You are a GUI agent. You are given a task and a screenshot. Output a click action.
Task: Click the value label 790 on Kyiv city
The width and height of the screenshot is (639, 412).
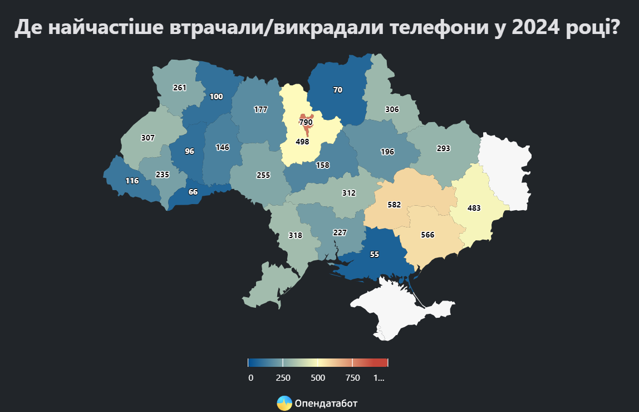tap(306, 122)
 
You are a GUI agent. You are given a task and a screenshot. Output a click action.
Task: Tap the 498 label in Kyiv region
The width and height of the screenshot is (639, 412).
tap(302, 142)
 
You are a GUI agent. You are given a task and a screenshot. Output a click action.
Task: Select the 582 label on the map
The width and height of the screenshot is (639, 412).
tap(394, 205)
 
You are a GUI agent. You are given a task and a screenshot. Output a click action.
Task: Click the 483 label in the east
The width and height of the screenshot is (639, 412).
tap(474, 208)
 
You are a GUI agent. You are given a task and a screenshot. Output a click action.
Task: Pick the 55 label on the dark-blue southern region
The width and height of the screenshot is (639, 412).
tap(374, 254)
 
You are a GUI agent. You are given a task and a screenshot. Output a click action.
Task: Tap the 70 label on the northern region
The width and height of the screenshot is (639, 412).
tap(338, 90)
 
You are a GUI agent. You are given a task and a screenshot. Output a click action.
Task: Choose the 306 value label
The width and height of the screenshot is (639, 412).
tap(392, 109)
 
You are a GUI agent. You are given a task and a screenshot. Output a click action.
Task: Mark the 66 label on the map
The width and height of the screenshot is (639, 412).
tap(193, 192)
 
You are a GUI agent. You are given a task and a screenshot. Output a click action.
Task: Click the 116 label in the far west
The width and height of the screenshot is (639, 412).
tap(132, 181)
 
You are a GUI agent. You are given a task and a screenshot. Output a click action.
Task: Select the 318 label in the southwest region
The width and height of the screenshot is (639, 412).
tap(295, 235)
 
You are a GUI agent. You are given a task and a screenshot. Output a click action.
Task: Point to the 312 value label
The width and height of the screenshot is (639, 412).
tap(348, 193)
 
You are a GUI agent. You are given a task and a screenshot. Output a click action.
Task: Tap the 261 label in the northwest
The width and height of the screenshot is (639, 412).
tap(179, 88)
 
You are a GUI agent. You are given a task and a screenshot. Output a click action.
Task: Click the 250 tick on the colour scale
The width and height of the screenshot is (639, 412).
tap(283, 377)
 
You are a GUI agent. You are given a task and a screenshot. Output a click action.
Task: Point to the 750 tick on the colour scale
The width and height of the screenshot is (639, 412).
tap(352, 377)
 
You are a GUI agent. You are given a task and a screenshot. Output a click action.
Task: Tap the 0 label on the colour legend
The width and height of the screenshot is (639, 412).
tap(250, 377)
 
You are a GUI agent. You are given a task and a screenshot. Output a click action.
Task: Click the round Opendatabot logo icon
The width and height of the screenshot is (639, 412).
tap(284, 403)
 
